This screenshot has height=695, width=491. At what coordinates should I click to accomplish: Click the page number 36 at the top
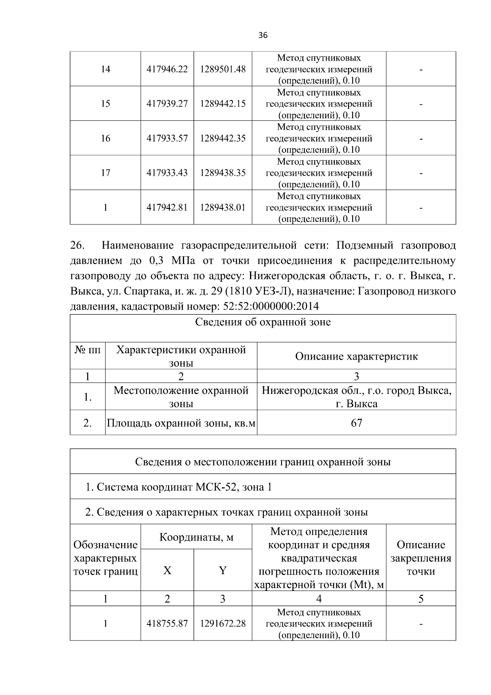pos(263,36)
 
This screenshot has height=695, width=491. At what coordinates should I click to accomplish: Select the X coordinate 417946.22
pos(167,69)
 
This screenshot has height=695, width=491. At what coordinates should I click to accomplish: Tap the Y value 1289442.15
pos(223,104)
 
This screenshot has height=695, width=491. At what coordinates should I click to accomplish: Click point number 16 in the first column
pos(105,138)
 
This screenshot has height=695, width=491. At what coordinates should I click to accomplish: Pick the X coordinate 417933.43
pos(167,173)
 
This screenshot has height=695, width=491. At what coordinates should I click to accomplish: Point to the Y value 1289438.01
pos(223,208)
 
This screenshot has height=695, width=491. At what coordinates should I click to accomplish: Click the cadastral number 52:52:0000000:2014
pos(270,306)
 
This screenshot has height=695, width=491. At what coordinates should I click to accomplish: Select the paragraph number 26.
pos(77,245)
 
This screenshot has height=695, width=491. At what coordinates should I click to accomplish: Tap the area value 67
pos(356,423)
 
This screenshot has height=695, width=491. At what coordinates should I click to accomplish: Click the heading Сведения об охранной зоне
pos(263,322)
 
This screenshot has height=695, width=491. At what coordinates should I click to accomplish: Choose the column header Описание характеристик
pos(356,356)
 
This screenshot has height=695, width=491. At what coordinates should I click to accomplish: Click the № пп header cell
pos(88,350)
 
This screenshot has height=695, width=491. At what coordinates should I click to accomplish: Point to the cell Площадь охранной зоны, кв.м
pos(181,423)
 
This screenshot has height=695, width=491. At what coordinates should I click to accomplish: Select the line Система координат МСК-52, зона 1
pos(178,487)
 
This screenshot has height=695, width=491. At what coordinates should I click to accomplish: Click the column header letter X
pos(167,570)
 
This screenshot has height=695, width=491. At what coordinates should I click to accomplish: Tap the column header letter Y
pos(223,570)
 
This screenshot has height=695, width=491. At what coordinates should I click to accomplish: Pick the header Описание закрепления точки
pos(421,558)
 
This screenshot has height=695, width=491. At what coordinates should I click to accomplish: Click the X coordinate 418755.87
pos(167,624)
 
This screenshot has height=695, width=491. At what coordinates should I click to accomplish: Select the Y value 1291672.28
pos(223,624)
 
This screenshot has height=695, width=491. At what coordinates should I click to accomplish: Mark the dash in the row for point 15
pos(421,104)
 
